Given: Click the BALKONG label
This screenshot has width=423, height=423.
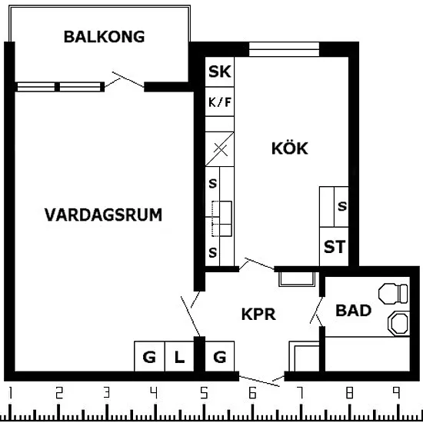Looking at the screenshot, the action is tap(104, 37).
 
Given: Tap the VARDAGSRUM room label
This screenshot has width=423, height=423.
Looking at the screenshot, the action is tap(103, 215).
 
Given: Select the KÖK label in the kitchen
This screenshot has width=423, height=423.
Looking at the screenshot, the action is tap(289, 148).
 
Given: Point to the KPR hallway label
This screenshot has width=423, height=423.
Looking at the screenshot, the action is tap(258, 314).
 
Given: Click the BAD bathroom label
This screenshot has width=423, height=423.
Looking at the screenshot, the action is tap(354, 310).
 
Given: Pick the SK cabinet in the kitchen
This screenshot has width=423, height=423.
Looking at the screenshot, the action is tap(220, 72).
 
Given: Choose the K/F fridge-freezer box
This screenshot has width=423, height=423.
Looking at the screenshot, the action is tap(220, 102).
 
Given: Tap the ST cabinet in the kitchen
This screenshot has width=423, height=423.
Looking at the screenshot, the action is tap(334, 247).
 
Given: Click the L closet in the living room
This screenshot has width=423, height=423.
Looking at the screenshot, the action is tap(179, 356).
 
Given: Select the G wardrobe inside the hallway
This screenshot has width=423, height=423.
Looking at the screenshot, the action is tap(220, 356).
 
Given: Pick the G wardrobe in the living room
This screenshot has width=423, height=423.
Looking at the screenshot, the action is tap(149, 356).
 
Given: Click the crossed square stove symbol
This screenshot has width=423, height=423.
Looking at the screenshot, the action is tap(220, 149).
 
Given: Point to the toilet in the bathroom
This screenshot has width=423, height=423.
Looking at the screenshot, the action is tap(393, 293).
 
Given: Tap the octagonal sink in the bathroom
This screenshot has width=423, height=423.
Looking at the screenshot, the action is tap(398, 323).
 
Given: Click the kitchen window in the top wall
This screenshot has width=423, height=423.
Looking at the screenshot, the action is tap(284, 49).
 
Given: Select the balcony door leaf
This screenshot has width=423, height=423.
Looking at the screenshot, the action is tap(128, 79).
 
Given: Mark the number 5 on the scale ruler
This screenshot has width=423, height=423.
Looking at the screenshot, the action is tap(205, 393).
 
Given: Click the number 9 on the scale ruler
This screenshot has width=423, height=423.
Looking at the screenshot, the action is tap(396, 392).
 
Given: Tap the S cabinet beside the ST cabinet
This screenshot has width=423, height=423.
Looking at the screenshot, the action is tap(341, 207).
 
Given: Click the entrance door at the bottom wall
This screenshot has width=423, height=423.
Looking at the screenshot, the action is tap(259, 381).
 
